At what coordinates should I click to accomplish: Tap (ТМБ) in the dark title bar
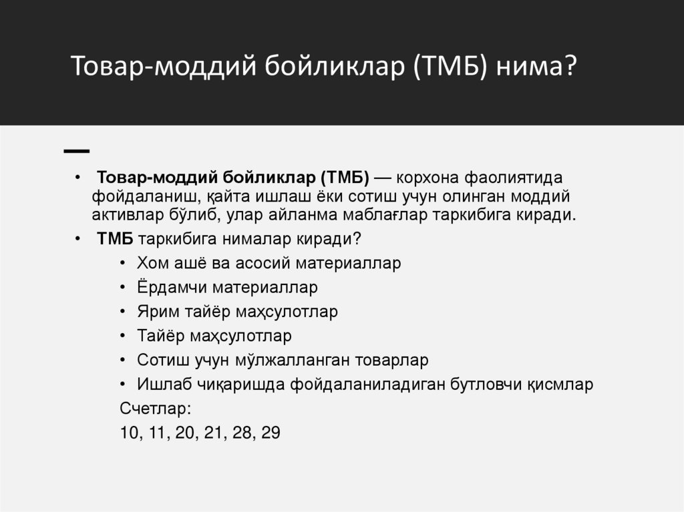point(451,67)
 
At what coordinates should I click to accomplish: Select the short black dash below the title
point(77,151)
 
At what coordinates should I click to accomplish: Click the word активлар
point(125,215)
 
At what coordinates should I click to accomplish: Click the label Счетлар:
point(155,409)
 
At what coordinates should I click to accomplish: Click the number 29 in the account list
point(271,433)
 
